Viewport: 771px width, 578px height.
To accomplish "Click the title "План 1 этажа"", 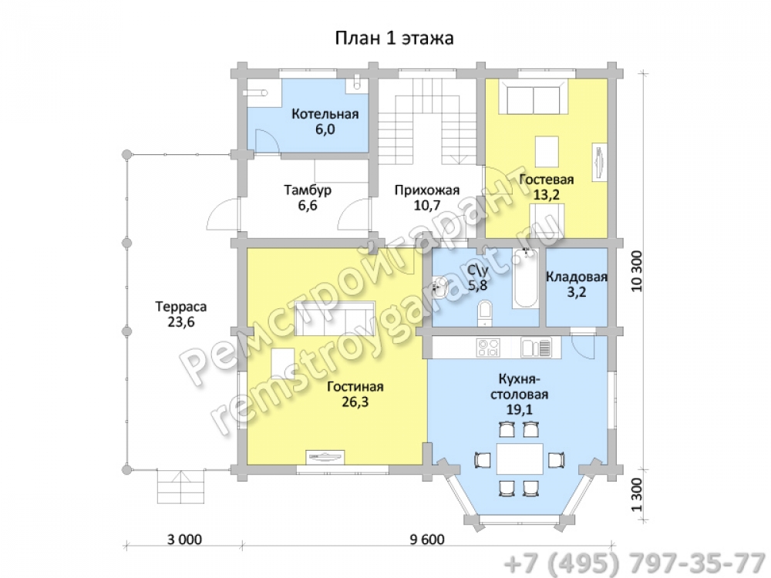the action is pos(394,38).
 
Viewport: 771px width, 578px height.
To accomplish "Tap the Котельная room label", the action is pos(325,114).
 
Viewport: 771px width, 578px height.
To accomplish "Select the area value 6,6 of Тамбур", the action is pos(308,205).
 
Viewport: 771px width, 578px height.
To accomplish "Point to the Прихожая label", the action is pos(427,190).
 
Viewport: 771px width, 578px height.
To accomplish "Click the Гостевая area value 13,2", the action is pos(547,195).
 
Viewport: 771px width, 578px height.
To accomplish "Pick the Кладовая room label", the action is pos(576,277).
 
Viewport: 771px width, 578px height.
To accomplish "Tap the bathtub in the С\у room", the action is pos(526,279).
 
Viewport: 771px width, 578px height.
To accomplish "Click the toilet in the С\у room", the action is pos(485,314).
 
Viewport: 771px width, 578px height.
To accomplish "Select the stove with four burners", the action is pos(488,348).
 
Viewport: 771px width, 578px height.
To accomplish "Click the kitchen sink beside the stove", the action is pos(536,348).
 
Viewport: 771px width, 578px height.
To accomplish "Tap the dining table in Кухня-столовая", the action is pos(520,458).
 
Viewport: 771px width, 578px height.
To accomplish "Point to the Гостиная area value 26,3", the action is pos(355,402).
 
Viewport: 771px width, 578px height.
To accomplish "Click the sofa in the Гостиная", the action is pos(335,318).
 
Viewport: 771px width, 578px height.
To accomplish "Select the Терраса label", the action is pos(181,307).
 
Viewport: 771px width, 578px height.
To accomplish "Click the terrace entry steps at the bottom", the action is pos(180,486).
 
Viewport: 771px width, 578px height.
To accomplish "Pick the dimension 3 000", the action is pos(184,539).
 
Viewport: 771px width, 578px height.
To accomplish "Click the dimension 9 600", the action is pos(427,539).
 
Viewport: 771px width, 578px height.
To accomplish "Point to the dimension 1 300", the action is pos(637,495).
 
